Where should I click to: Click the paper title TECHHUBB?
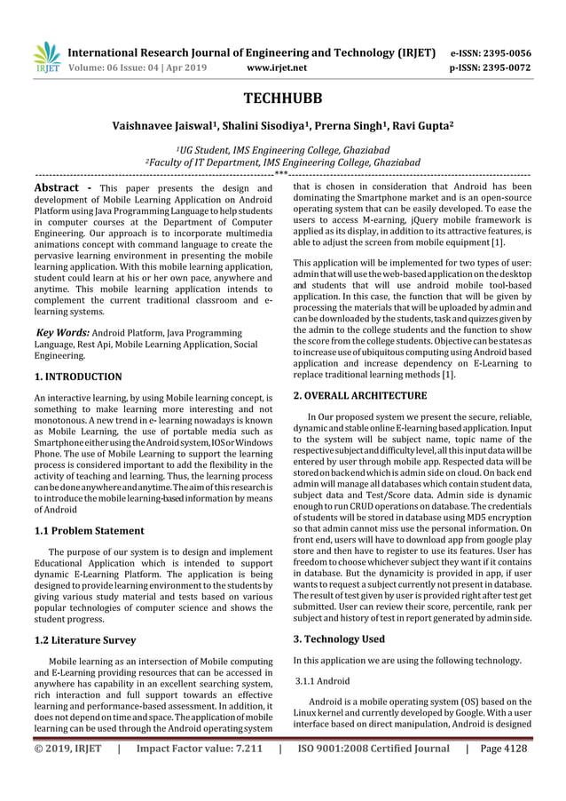click(x=283, y=98)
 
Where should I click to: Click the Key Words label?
click(x=62, y=332)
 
